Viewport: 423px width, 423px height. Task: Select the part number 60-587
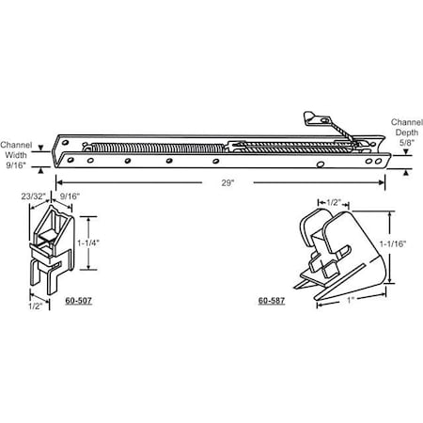(x=271, y=302)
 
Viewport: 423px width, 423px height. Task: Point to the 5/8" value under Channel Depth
(x=405, y=144)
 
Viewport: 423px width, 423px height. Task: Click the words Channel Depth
(x=405, y=128)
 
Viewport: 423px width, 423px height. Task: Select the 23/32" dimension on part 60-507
(x=34, y=197)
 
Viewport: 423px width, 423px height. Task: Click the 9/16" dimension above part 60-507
(x=70, y=197)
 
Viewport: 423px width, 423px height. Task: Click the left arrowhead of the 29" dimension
(x=60, y=180)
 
